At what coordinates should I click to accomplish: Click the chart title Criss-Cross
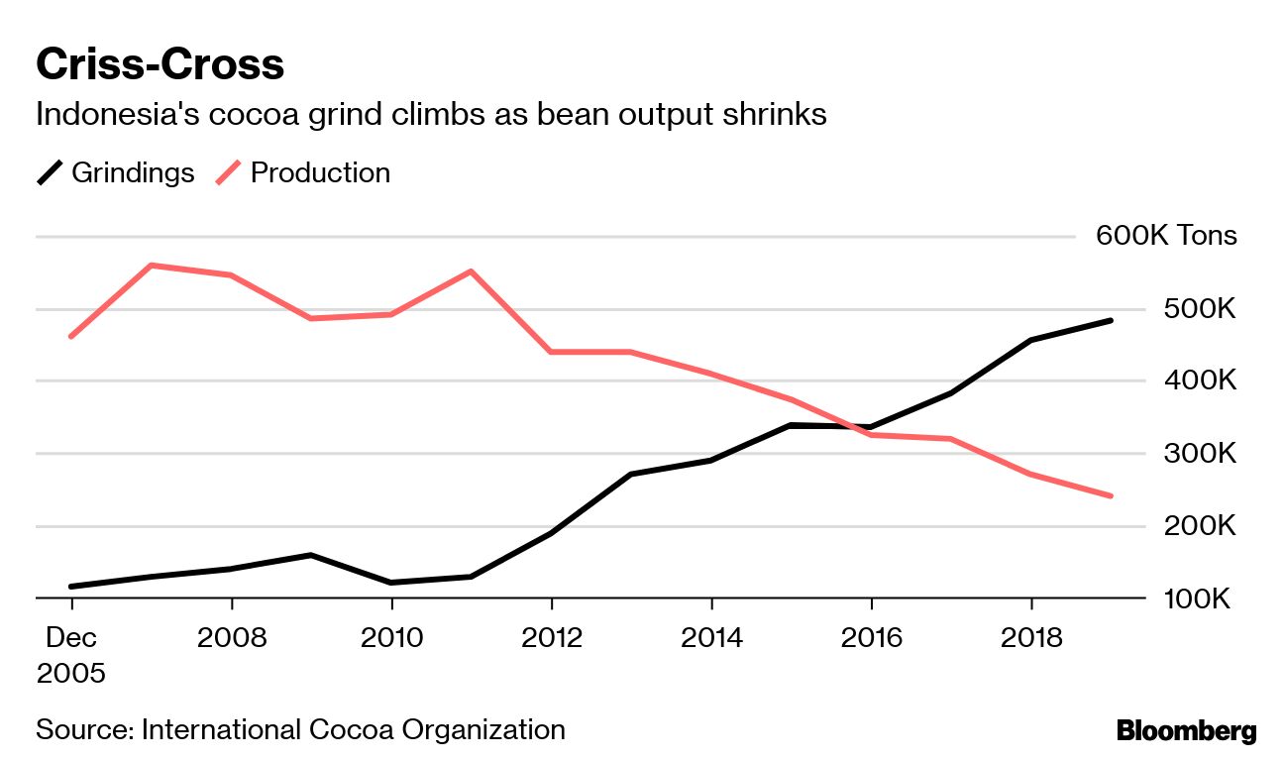pyautogui.click(x=160, y=65)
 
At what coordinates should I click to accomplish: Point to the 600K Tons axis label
pyautogui.click(x=1166, y=236)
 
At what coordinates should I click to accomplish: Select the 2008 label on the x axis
pyautogui.click(x=231, y=636)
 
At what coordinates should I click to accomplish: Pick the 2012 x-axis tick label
pyautogui.click(x=551, y=636)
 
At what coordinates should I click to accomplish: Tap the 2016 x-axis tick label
pyautogui.click(x=871, y=636)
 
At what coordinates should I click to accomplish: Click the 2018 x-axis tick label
pyautogui.click(x=1031, y=636)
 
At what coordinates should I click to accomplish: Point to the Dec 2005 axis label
pyautogui.click(x=70, y=654)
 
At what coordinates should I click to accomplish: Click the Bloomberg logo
pyautogui.click(x=1186, y=732)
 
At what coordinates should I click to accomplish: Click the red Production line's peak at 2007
pyautogui.click(x=151, y=266)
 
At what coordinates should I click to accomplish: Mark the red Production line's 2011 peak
pyautogui.click(x=471, y=271)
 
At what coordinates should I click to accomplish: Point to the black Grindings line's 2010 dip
pyautogui.click(x=390, y=583)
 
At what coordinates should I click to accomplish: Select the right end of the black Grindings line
pyautogui.click(x=1111, y=321)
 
